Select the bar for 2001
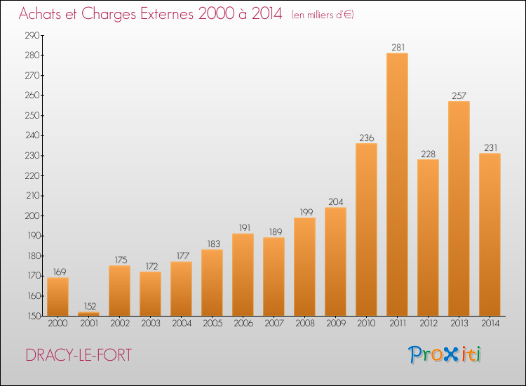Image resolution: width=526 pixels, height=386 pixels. pos(88,314)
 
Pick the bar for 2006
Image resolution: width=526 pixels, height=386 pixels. pos(243,274)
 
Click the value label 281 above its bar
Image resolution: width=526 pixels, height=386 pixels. pos(397,48)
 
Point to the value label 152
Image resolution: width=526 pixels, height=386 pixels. pos(88,306)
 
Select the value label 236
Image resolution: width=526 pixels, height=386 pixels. pos(366,138)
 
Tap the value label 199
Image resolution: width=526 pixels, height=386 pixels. pos(304,212)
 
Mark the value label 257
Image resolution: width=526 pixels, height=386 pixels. pos(459,95)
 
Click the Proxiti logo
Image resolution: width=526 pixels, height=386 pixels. pos(446,354)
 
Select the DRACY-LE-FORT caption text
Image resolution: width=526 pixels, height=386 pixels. pos(78,355)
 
